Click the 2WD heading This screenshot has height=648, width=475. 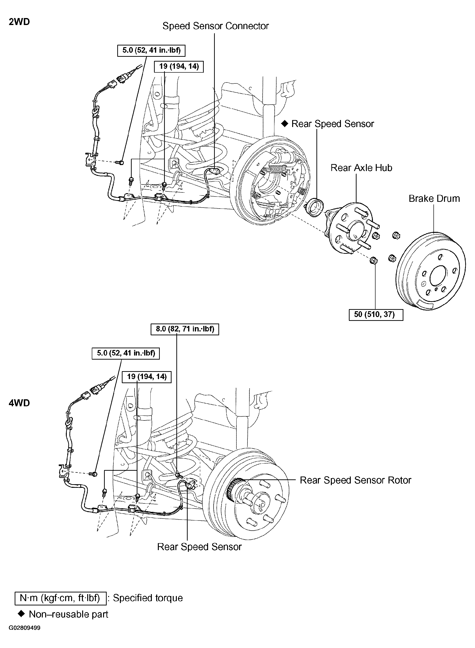pos(19,22)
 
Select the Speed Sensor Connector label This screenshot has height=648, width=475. pos(215,26)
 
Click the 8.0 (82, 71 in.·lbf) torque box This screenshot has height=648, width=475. pos(185,329)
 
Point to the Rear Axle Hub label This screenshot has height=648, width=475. pos(361,168)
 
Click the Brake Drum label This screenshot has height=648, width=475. pos(434,199)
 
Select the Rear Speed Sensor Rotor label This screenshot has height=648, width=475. pos(355,480)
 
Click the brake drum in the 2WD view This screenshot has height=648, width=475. pos(431,272)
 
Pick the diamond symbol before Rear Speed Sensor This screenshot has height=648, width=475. pos(284,124)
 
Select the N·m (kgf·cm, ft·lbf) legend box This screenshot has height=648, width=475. pos(60,598)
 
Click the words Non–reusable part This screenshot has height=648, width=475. pos(68,614)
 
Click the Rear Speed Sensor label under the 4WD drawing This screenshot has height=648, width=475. pos(199,547)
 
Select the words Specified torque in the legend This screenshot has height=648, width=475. pos(148,598)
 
